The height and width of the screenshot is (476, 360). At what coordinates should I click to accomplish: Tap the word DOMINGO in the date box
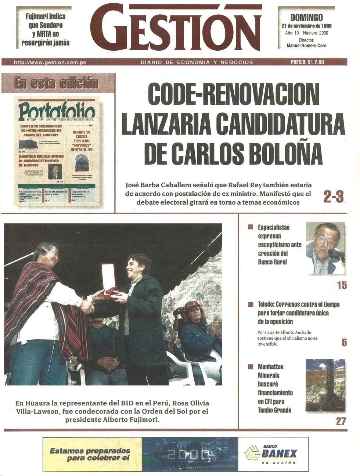pos(306,18)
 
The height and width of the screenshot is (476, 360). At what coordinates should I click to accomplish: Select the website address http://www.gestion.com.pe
pos(50,62)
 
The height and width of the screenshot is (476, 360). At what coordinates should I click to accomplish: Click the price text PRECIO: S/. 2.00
pos(307,62)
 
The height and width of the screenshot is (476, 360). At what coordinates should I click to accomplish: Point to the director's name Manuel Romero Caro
pos(306,46)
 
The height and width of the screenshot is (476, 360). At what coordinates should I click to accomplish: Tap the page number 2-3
pos(334,197)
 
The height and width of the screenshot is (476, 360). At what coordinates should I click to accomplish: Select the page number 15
pos(342,285)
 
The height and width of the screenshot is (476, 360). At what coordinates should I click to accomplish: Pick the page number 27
pos(341,421)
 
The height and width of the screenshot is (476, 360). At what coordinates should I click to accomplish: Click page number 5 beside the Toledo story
pos(344,343)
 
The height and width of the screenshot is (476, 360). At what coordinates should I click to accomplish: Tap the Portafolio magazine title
pos(57,110)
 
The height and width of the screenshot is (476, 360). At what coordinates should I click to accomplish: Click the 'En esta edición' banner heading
pos(56,83)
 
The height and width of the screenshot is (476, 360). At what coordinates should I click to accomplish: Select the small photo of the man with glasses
pos(325,248)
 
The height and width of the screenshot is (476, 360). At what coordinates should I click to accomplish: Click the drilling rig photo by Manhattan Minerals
pos(325,386)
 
